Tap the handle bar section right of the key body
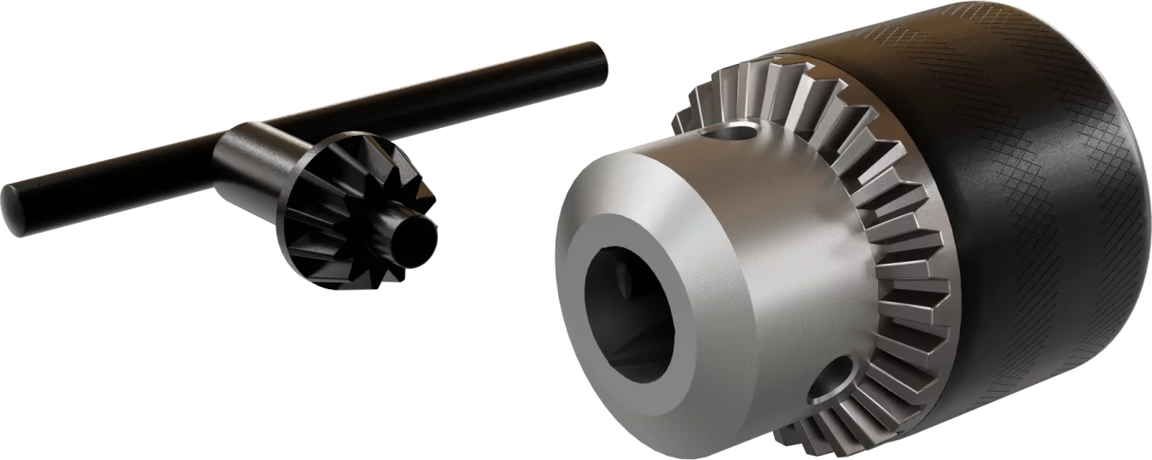[x=478, y=94]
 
